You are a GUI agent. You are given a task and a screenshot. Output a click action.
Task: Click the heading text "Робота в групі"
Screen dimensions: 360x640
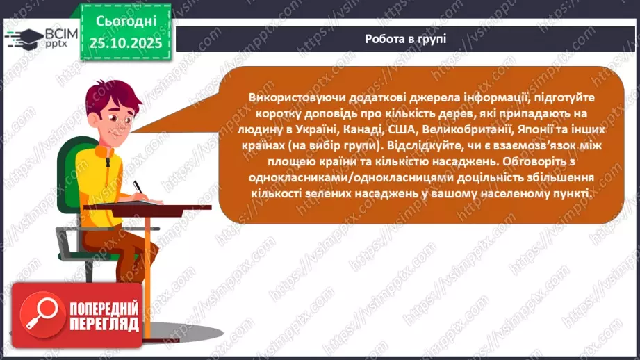click(405, 39)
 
